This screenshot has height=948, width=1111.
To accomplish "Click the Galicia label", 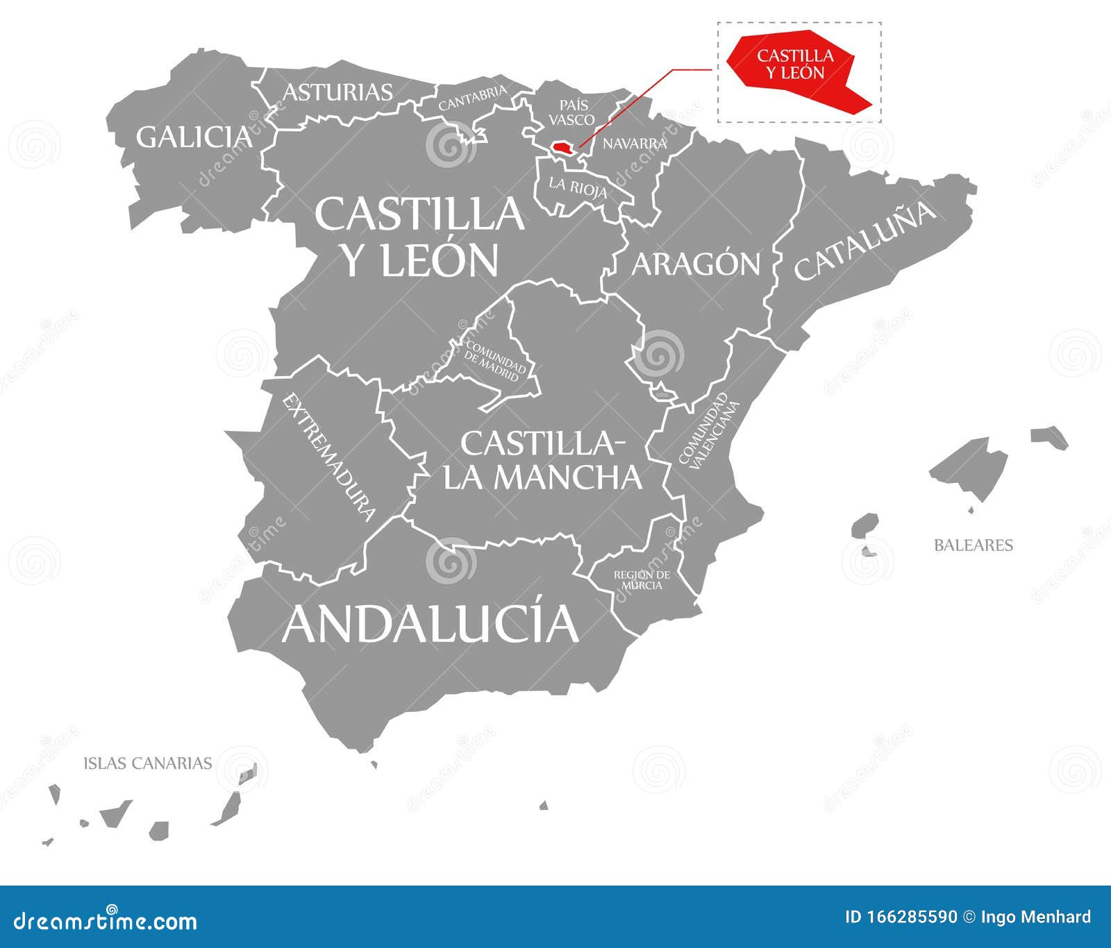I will [194, 137].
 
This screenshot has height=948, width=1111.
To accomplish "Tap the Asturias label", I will [338, 92].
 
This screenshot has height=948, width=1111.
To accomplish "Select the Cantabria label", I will [472, 99].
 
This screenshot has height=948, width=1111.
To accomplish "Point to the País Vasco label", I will [572, 112].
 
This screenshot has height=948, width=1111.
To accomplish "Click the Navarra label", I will [634, 144].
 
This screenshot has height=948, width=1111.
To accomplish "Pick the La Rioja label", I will [578, 187].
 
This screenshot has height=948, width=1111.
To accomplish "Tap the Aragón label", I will [696, 264].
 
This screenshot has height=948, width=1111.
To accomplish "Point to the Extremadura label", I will [329, 457].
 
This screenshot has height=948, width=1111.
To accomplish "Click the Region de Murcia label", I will [642, 579].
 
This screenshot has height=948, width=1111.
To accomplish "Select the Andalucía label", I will [430, 623].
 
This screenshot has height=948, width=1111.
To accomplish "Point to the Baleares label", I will [973, 545].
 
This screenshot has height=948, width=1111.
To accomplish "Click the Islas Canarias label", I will [147, 763].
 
